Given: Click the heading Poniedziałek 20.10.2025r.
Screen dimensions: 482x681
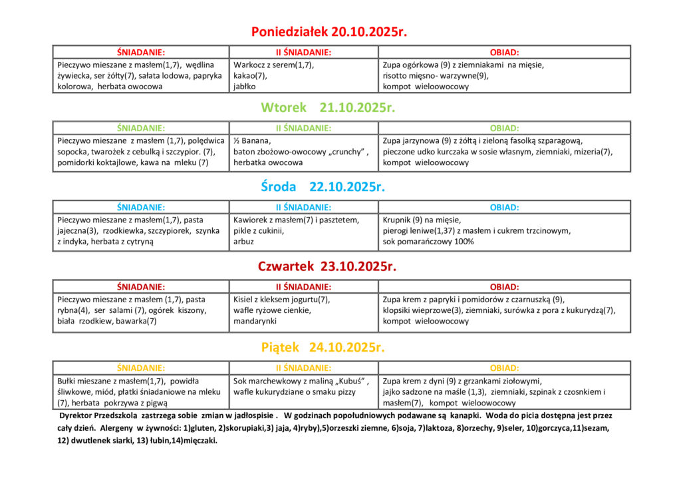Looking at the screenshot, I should (329, 32).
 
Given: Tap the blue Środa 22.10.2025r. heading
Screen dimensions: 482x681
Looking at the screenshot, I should (323, 187).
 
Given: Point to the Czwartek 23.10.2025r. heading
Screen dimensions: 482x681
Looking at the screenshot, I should (327, 267).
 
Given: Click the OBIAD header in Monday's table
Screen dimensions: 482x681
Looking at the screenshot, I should (504, 52).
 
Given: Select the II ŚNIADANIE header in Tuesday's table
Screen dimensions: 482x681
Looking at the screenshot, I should (303, 128).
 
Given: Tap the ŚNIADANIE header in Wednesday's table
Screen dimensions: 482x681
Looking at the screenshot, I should (141, 207).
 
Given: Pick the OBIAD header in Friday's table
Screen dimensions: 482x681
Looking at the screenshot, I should (504, 367).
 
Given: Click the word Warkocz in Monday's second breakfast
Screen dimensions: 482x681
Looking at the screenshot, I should (249, 65).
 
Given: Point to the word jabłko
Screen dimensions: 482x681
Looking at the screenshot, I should (244, 87).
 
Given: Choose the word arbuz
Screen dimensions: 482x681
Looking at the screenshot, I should (243, 242).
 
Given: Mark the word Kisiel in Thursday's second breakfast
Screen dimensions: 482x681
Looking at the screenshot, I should (244, 300).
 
